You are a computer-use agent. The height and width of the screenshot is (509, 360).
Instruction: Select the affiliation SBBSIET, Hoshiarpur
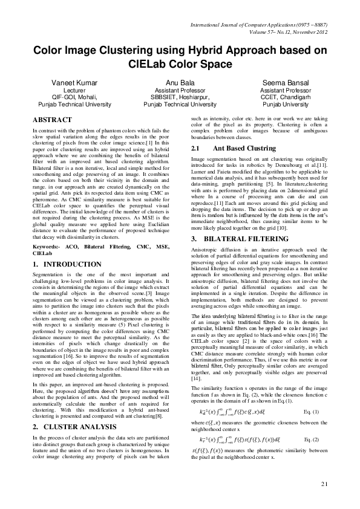[180, 96]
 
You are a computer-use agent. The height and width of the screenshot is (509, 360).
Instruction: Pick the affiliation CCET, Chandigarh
[286, 96]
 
